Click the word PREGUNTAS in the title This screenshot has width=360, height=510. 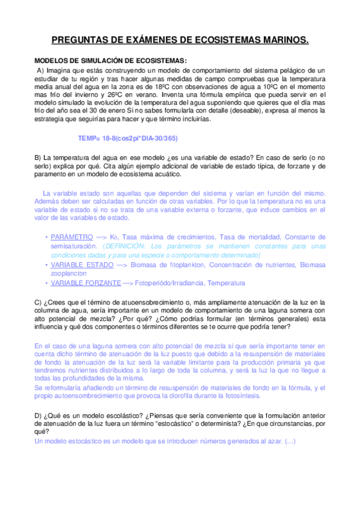pyautogui.click(x=79, y=40)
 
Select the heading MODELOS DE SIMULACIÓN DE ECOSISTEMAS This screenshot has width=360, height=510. pyautogui.click(x=110, y=61)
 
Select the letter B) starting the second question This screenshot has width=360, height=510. pyautogui.click(x=38, y=158)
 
